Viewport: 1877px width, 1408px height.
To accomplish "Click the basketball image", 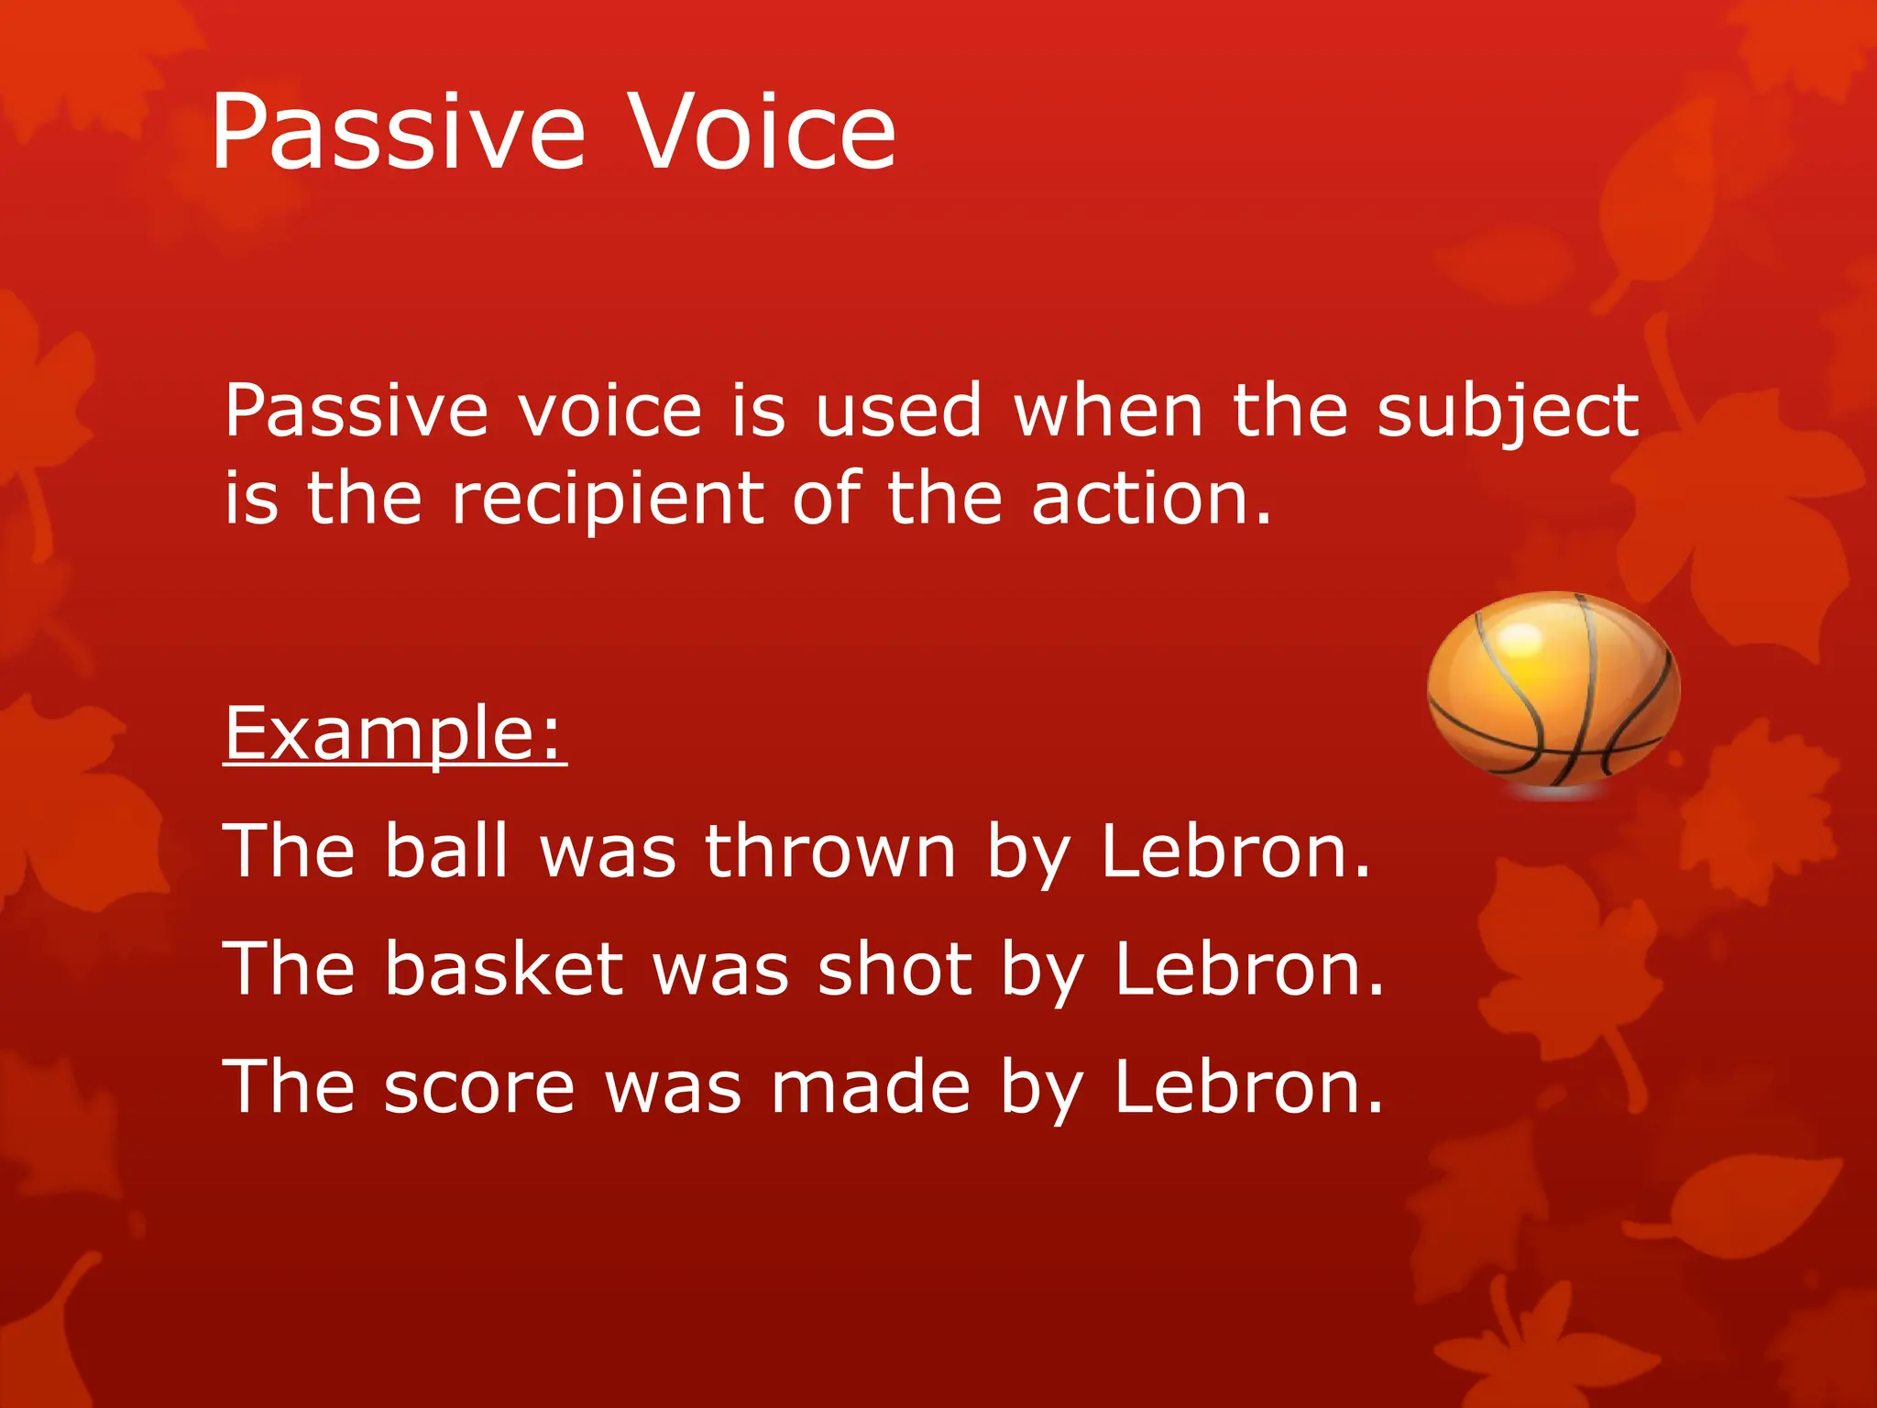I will pos(1553,692).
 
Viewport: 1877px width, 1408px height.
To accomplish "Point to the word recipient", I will pos(608,500).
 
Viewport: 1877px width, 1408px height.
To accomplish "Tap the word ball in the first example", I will pos(445,851).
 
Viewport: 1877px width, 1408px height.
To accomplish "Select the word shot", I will pos(895,969).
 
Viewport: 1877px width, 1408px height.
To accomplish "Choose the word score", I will pos(478,1088).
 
